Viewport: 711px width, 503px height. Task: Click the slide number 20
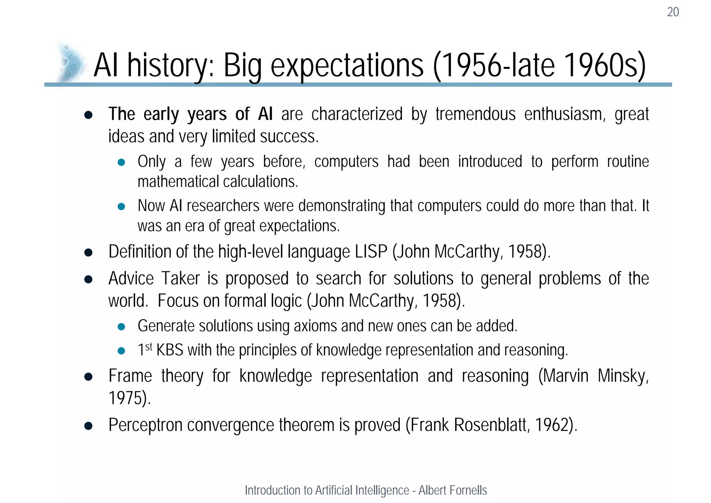coord(673,12)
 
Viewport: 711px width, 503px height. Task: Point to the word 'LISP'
coord(371,251)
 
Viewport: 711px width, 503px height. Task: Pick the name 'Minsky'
coord(622,376)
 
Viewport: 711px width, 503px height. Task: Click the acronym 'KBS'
coord(170,350)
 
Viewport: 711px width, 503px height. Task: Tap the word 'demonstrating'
coord(342,206)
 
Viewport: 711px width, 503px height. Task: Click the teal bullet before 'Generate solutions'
coord(121,327)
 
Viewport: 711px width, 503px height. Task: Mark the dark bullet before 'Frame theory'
coord(88,377)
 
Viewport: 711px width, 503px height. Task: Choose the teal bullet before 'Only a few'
coord(121,162)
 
